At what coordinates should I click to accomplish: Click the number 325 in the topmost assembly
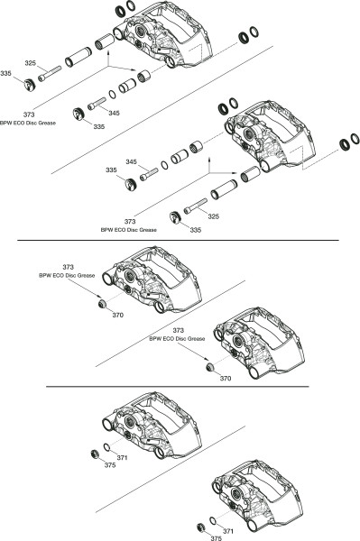click(x=31, y=63)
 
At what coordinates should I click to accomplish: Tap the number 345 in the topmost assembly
click(x=114, y=113)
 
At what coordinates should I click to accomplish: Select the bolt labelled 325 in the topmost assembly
click(x=50, y=74)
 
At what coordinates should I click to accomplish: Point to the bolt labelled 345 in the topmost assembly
click(x=97, y=104)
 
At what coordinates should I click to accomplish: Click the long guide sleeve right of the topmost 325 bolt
click(x=78, y=58)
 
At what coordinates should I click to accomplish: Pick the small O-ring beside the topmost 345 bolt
click(x=112, y=94)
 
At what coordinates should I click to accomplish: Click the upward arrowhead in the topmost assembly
click(x=109, y=51)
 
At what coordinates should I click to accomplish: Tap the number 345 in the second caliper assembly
click(x=131, y=161)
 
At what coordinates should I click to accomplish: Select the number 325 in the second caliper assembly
click(x=213, y=216)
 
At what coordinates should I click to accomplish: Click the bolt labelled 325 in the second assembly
click(x=196, y=206)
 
